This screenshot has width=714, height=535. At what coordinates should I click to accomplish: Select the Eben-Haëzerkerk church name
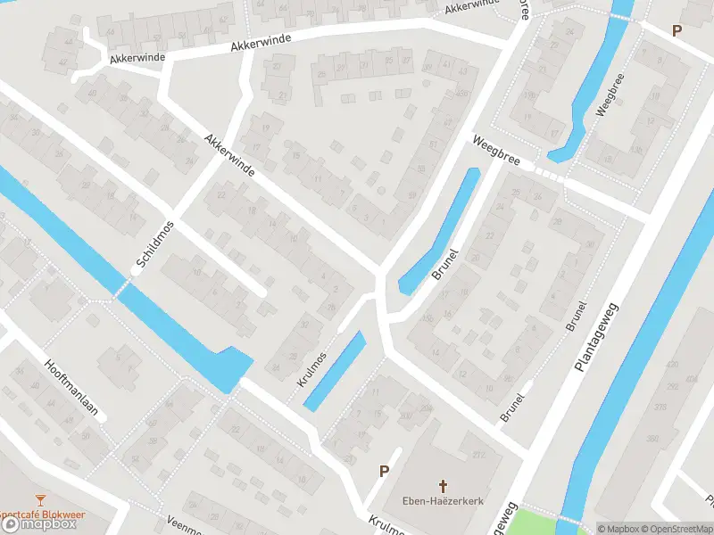point(443,501)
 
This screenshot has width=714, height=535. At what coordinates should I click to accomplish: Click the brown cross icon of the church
point(443,485)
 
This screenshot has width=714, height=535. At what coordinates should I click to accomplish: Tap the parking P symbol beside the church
point(385,471)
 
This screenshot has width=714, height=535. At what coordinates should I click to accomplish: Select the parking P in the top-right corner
point(677,30)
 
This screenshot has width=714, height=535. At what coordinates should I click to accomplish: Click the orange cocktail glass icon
point(39,500)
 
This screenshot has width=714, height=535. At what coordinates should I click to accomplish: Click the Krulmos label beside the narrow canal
point(312,367)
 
